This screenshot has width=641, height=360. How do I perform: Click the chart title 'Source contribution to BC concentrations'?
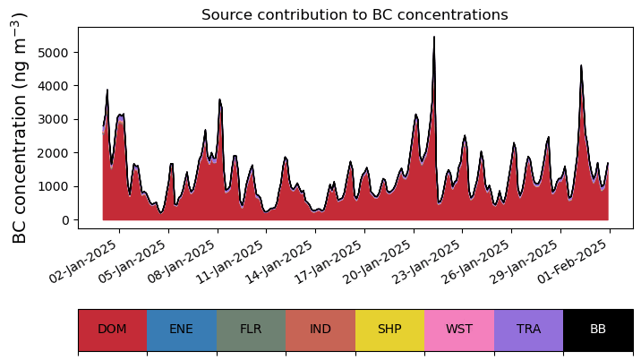[355, 14]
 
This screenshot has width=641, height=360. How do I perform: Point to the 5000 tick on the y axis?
[53, 52]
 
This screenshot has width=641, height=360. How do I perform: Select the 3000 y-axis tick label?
[53, 119]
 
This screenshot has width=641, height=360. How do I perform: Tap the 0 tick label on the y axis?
[65, 220]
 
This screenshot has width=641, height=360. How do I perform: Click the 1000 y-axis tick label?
[53, 186]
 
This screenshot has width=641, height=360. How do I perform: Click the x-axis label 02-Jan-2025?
[83, 261]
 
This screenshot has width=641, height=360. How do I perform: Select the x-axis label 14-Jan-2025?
[279, 261]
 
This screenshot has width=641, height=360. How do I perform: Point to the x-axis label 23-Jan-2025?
[426, 261]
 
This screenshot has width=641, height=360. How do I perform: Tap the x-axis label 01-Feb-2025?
[573, 261]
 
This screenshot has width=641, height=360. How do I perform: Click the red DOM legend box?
[113, 330]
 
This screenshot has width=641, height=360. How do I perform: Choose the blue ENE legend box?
[182, 330]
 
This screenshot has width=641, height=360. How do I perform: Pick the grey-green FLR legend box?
[251, 330]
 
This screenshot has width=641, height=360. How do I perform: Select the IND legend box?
[320, 330]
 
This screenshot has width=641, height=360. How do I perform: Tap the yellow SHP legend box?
[390, 330]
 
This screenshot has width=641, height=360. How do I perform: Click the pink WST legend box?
[459, 330]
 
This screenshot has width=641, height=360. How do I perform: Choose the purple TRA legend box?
[528, 330]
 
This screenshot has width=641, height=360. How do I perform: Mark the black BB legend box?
[598, 330]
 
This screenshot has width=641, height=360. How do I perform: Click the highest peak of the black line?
[434, 37]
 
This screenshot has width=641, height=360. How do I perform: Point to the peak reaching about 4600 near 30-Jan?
[581, 65]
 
